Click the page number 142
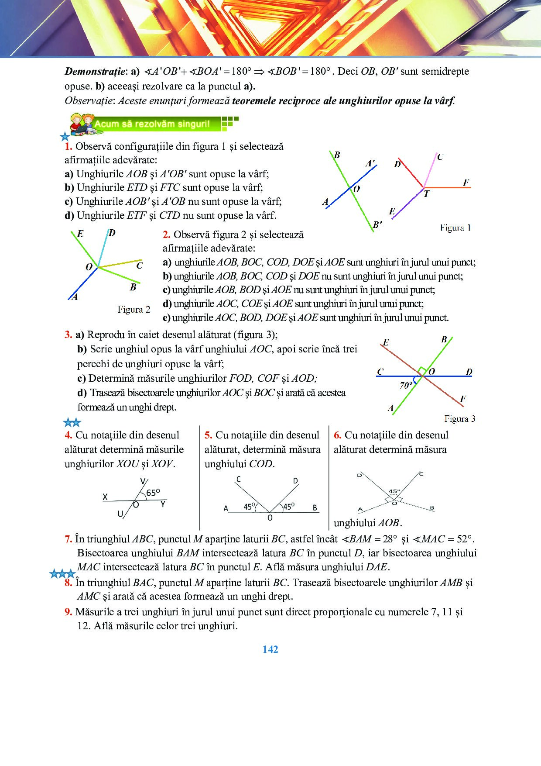(x=270, y=649)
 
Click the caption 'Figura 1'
(x=455, y=228)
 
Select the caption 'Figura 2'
(x=134, y=310)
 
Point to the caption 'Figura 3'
(x=459, y=419)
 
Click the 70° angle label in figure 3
(x=406, y=385)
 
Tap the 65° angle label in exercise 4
(x=153, y=493)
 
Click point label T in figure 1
(x=426, y=194)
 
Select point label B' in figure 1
(x=377, y=225)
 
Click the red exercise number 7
(x=68, y=539)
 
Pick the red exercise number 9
(x=68, y=612)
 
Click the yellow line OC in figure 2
(x=120, y=264)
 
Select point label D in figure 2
(x=112, y=233)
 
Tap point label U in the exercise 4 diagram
(x=120, y=514)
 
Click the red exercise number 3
(x=68, y=335)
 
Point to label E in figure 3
(x=386, y=342)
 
